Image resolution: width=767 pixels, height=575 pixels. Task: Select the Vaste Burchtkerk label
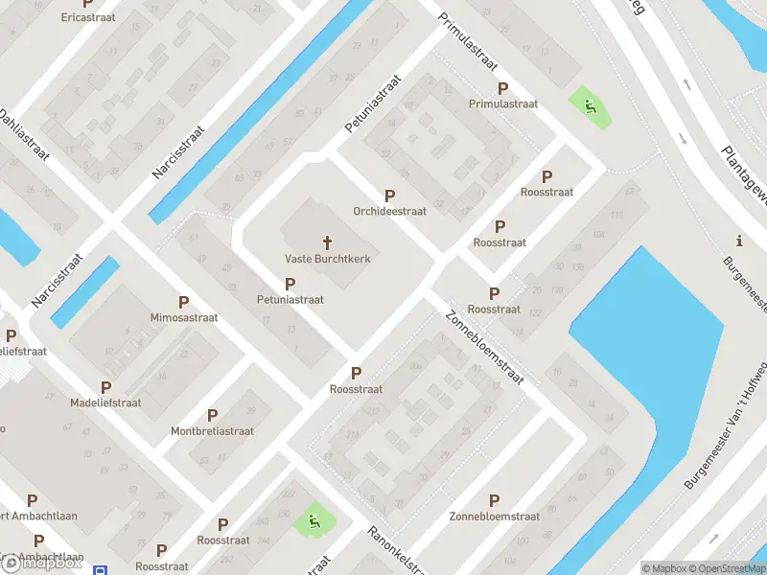pyautogui.click(x=327, y=259)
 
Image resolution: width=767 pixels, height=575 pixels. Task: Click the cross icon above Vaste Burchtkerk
pyautogui.click(x=327, y=242)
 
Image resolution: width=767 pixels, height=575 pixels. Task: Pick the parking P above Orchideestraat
pyautogui.click(x=389, y=195)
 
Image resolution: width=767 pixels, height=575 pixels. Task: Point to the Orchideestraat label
pyautogui.click(x=389, y=211)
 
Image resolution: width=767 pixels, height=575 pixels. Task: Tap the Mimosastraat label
pyautogui.click(x=184, y=317)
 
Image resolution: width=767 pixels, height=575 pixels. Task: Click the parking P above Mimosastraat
pyautogui.click(x=183, y=302)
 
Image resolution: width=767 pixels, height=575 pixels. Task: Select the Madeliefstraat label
pyautogui.click(x=105, y=402)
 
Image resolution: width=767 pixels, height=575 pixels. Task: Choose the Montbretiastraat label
pyautogui.click(x=212, y=431)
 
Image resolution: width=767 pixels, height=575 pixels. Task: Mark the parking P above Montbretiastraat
pyautogui.click(x=212, y=416)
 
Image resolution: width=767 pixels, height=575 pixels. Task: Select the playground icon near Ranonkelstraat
pyautogui.click(x=314, y=522)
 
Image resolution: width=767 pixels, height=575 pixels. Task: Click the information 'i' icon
pyautogui.click(x=738, y=241)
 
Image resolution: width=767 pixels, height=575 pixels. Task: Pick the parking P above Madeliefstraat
pyautogui.click(x=105, y=387)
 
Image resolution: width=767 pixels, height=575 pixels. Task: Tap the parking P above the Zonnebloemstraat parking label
pyautogui.click(x=495, y=501)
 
